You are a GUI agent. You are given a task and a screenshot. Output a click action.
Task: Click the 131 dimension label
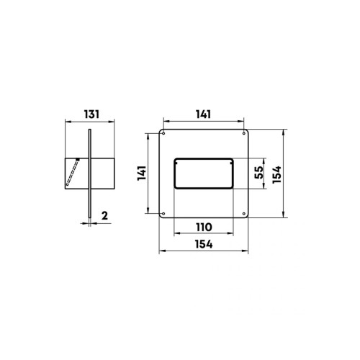click(91, 114)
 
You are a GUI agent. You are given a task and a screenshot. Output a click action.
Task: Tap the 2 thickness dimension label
click(104, 216)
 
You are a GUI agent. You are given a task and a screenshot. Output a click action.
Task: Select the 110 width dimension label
click(204, 227)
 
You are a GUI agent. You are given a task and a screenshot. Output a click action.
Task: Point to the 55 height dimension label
click(259, 172)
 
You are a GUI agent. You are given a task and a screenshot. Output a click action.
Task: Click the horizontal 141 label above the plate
click(204, 114)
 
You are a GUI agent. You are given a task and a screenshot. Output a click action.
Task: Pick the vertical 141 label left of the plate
click(142, 173)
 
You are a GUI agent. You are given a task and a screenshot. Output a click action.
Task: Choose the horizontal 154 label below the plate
click(204, 244)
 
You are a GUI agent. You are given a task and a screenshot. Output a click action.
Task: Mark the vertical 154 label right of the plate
click(276, 174)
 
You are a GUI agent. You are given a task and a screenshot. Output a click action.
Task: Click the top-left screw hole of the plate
click(163, 133)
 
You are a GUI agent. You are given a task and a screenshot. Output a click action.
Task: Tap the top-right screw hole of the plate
click(244, 133)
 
